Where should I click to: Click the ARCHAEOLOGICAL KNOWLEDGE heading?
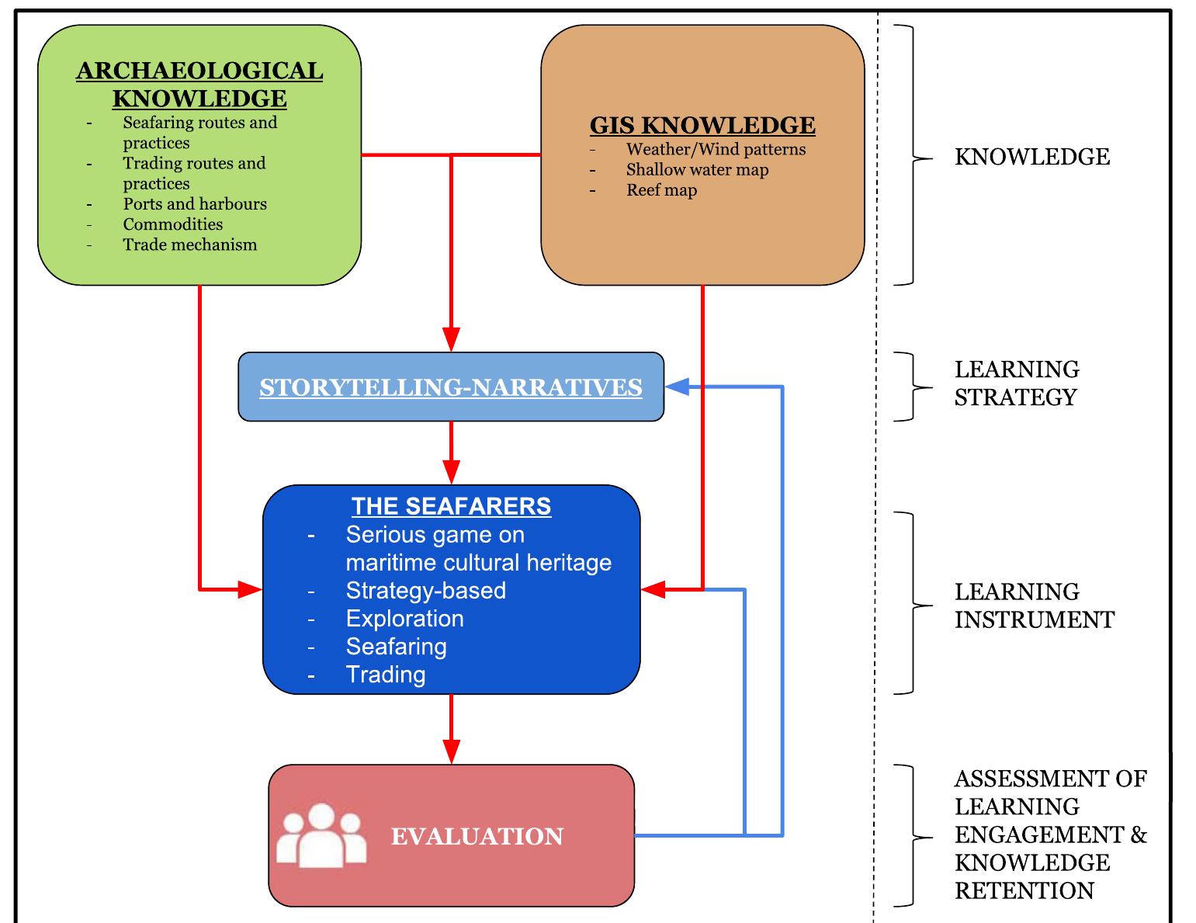[x=199, y=85]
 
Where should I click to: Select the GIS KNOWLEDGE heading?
[x=702, y=125]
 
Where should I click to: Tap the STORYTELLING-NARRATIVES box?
[x=451, y=387]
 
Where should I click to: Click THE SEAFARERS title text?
[x=451, y=506]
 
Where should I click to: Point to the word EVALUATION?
[x=477, y=836]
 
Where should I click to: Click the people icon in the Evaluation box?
[x=321, y=836]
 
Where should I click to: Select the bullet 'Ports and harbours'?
[x=195, y=204]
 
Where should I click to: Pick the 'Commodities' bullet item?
[x=172, y=224]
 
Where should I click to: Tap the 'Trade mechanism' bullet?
[x=189, y=245]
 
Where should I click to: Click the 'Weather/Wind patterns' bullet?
[x=716, y=149]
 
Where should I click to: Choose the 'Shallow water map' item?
[x=697, y=169]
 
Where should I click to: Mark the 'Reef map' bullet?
[x=661, y=190]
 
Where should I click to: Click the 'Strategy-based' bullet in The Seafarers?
[x=425, y=591]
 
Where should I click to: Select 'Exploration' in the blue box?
[x=404, y=619]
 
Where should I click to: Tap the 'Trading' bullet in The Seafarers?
[x=386, y=675]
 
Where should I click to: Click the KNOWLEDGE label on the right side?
[x=1031, y=157]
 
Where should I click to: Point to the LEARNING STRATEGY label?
[x=1016, y=383]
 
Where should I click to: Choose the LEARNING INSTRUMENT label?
[x=1034, y=606]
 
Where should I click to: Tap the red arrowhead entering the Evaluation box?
[x=451, y=751]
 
